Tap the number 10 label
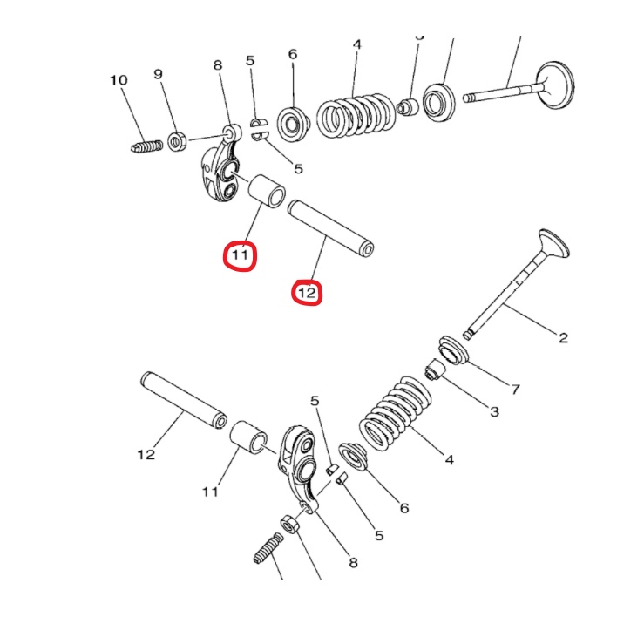tap(119, 80)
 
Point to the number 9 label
tap(159, 74)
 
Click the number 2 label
tap(563, 337)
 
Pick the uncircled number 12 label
tap(146, 454)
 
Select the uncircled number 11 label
tap(210, 492)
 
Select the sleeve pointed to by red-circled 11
tap(267, 192)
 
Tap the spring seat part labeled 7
tap(453, 350)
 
